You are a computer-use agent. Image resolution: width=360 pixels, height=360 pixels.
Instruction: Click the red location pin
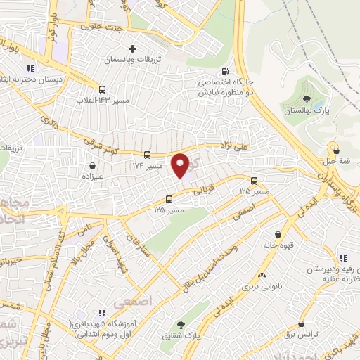[x=181, y=165]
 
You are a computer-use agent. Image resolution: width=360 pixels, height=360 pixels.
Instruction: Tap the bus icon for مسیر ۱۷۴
[x=147, y=155]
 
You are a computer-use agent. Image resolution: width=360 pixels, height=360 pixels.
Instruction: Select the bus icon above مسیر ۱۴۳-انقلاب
[x=103, y=89]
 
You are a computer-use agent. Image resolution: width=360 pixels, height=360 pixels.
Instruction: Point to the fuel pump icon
[x=225, y=70]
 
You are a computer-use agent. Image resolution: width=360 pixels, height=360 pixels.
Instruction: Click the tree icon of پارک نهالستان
[x=307, y=98]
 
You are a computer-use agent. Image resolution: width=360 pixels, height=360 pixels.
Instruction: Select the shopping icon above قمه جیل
[x=336, y=150]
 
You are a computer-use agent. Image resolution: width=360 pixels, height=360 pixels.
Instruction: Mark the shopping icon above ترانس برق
[x=302, y=324]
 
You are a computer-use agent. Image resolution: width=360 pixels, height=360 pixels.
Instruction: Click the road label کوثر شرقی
[x=96, y=139]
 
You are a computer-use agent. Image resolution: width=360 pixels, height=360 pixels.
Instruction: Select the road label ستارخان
[x=131, y=244]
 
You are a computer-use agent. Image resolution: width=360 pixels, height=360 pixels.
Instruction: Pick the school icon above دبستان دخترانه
[x=30, y=68]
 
